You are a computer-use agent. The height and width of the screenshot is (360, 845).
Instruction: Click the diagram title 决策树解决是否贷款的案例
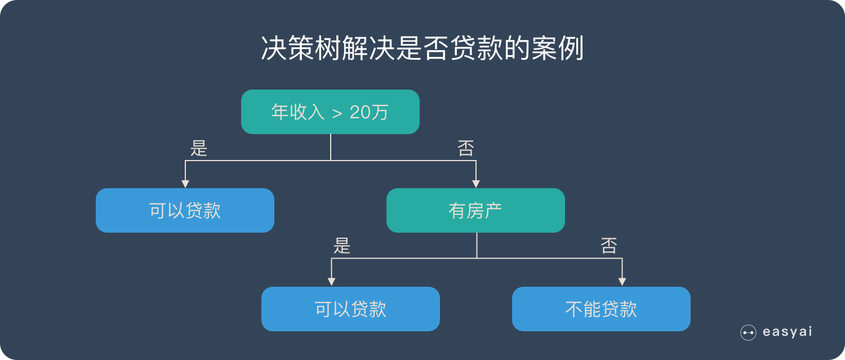pos(422,50)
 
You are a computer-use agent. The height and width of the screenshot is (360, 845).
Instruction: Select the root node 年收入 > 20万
pos(330,112)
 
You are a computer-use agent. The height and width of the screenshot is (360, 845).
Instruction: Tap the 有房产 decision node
pos(475,211)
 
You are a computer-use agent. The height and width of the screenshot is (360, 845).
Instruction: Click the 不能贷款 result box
pos(601,309)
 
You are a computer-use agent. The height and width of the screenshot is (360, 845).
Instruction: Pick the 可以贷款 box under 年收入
pos(185,211)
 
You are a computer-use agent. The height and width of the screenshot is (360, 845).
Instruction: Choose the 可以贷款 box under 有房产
pos(350,309)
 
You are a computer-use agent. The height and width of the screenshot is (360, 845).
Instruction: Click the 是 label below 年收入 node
pos(199,148)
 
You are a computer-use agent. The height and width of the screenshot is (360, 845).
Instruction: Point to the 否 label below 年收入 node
pos(466,148)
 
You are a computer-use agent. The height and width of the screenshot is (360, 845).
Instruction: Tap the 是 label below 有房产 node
pos(342,246)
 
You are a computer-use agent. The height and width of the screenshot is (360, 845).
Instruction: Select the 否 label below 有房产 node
pos(609,246)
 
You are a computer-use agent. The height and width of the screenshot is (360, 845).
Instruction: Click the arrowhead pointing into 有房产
pos(476,184)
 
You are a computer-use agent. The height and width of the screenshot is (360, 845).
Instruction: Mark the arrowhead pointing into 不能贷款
pos(622,282)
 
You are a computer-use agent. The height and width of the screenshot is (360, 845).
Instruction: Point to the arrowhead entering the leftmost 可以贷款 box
pos(185,184)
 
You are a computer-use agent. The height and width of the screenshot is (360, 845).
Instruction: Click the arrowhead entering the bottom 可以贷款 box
pos(332,282)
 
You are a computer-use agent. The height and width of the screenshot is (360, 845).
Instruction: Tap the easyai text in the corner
pos(787,332)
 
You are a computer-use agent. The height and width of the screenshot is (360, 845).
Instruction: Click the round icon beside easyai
pos(748,333)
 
